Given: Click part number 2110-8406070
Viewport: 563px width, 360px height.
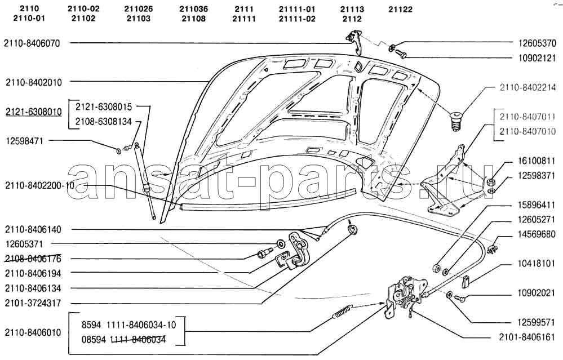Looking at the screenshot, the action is (x=32, y=43).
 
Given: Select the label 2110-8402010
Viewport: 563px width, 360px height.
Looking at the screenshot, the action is (x=33, y=83).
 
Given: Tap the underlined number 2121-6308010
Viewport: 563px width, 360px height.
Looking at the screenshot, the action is (x=33, y=112).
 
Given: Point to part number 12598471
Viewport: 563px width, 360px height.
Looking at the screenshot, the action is (x=24, y=141).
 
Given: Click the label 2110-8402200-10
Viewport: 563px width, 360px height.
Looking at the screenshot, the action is (x=39, y=185).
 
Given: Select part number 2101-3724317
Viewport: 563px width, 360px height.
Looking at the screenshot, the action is (x=33, y=303).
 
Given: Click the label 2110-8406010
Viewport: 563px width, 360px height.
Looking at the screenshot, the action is (x=33, y=332).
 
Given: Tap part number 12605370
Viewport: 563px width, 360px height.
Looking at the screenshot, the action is (x=537, y=43).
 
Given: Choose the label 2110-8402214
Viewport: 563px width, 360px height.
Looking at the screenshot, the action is (x=527, y=87).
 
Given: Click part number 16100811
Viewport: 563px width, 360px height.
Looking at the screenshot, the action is (x=537, y=161).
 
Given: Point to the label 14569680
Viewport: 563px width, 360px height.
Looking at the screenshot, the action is (x=537, y=234).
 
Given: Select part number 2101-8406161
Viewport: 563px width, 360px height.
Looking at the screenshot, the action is (x=527, y=337).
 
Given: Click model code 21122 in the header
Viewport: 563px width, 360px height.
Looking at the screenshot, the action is (x=400, y=10).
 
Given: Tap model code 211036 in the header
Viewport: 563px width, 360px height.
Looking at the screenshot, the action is (x=193, y=9).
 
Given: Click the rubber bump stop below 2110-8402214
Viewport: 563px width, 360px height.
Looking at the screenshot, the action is (x=456, y=122).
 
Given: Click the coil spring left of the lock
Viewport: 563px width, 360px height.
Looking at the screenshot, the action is (x=343, y=311).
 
